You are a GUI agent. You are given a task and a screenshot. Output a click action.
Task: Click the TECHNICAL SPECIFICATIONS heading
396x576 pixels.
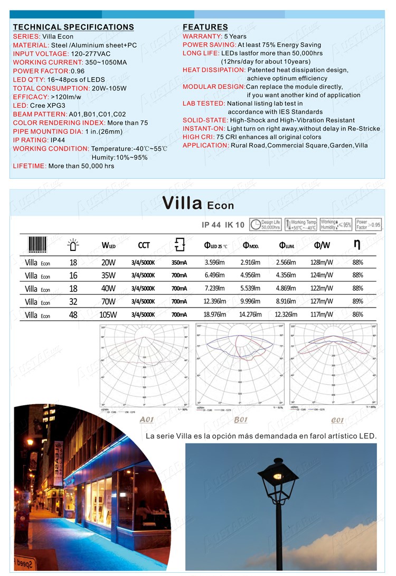point(73,27)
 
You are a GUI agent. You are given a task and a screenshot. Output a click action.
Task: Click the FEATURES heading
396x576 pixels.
point(205,27)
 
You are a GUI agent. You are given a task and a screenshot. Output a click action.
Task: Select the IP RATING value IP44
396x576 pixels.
point(57,140)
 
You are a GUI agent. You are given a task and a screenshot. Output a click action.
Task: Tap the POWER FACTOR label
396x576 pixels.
point(40,71)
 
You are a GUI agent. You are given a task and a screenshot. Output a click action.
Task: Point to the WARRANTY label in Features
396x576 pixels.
point(202,36)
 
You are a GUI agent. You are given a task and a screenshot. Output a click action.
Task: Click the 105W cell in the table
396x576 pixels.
point(108,315)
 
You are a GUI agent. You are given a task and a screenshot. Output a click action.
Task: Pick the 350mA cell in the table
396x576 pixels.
point(179,262)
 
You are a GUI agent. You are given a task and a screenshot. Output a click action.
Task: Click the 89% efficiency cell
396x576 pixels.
point(357,301)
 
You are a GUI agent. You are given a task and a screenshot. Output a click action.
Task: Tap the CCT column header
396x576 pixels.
point(144,245)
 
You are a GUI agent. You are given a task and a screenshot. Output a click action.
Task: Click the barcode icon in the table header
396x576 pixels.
point(37,245)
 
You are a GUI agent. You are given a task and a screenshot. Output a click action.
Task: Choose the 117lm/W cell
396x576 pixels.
point(322,315)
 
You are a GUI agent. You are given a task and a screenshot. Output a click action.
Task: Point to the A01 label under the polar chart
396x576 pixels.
point(146,420)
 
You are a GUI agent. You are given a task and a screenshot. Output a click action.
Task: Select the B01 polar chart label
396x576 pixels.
point(241,420)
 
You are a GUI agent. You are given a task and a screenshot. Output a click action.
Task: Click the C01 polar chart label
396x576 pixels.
point(337,420)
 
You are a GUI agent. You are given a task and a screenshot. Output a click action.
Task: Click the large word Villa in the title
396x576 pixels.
point(182,203)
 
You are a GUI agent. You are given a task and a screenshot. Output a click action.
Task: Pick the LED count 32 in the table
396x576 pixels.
point(73,302)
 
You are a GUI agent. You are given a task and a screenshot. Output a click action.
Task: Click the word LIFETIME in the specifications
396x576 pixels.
point(29,166)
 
